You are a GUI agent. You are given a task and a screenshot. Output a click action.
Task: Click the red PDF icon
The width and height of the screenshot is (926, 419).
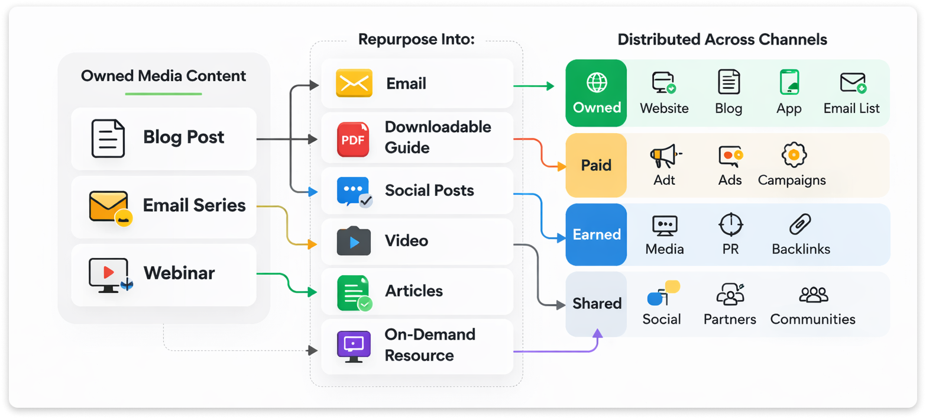point(353,139)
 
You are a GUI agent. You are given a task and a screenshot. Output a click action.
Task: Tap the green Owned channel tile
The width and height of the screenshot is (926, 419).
point(596,93)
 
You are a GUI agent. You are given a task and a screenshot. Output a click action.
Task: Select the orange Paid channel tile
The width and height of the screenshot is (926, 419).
point(596,165)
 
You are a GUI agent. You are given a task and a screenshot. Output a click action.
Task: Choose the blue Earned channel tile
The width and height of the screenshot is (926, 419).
point(596,234)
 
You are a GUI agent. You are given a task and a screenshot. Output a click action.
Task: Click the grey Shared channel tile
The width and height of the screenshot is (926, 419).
point(596,304)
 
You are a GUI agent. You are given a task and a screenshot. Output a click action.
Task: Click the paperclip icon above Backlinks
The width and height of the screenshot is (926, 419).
point(800,225)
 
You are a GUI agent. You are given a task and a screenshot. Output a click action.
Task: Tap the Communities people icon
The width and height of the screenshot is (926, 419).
point(813,295)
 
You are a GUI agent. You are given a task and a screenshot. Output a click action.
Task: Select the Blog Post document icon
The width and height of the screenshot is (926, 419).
point(108,138)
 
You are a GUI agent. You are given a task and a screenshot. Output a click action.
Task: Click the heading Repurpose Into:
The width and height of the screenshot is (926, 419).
point(416,40)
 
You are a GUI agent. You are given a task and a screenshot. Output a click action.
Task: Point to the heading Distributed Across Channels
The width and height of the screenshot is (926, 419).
point(722,40)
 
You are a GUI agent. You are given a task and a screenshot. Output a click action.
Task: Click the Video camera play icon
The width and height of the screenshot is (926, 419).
point(353,241)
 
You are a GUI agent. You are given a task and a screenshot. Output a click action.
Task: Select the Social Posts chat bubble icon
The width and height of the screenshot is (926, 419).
point(353,192)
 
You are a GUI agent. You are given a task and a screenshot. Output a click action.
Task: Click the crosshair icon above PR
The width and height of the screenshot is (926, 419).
point(730,225)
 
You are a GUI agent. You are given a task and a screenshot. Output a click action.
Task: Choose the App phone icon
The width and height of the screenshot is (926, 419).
point(789,82)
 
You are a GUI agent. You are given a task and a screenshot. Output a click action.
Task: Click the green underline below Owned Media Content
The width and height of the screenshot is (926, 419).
point(163,94)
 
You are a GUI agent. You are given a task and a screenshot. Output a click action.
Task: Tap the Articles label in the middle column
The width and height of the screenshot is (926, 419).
point(414,291)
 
